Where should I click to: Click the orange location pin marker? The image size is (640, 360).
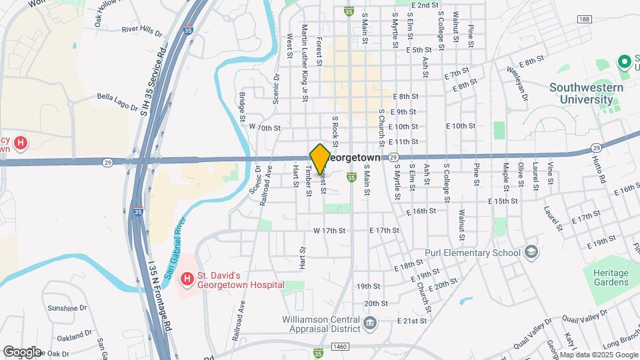(320, 159)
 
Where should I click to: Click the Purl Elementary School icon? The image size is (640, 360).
(531, 253)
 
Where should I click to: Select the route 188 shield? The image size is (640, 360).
(583, 20)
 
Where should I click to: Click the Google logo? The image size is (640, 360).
(21, 351)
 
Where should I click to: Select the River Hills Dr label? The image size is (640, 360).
(142, 30)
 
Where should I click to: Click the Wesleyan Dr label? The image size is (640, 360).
(516, 87)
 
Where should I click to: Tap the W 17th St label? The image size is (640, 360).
(329, 231)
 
